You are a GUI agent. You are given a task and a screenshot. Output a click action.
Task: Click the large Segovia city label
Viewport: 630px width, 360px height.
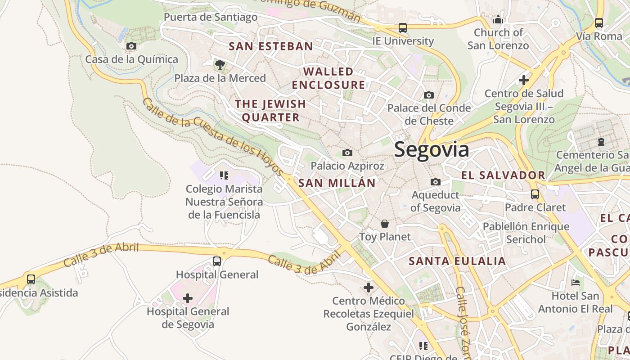pos(432,149)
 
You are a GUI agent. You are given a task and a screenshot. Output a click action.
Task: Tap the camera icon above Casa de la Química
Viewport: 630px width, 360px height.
pos(131,46)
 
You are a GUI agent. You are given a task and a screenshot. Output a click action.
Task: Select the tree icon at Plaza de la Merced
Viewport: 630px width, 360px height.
pos(220,65)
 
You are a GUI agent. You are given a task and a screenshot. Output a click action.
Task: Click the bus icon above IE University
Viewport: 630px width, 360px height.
pos(403,28)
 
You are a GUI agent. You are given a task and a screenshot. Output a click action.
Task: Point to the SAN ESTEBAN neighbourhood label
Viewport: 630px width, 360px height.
pos(271,46)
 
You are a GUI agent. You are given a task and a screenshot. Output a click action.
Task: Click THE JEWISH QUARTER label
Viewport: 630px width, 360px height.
pos(270,111)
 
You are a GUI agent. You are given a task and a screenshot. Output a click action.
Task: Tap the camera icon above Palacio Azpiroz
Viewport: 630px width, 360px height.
pos(347,153)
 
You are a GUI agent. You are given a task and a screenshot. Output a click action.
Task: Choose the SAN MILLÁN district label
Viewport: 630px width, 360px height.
pos(337,183)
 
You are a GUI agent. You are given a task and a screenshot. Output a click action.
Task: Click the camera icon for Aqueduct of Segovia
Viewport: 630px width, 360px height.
pos(435,182)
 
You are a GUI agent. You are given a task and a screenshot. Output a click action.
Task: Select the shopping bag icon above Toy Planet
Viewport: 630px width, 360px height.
pos(385,224)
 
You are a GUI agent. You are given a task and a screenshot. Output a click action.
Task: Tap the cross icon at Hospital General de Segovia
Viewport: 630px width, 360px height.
pos(188,298)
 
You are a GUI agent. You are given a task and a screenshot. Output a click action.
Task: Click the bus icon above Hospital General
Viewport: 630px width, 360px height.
pos(217,261)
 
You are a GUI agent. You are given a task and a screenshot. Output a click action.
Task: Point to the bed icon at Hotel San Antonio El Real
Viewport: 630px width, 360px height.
pos(576,283)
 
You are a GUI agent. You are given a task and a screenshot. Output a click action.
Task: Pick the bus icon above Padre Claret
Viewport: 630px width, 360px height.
pos(535,194)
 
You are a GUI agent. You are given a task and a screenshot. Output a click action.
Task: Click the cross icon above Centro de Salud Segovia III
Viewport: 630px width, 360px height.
pos(523,80)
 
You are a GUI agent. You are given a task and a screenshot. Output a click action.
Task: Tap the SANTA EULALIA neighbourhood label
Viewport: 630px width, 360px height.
pos(457,261)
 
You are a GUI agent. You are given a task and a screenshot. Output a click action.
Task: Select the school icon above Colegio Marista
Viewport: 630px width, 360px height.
pos(224,175)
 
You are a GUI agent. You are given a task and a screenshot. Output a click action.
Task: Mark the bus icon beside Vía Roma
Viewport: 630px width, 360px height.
pos(598,22)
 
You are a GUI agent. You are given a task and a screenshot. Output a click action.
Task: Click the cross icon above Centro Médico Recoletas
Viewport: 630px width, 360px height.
pos(369,287)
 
